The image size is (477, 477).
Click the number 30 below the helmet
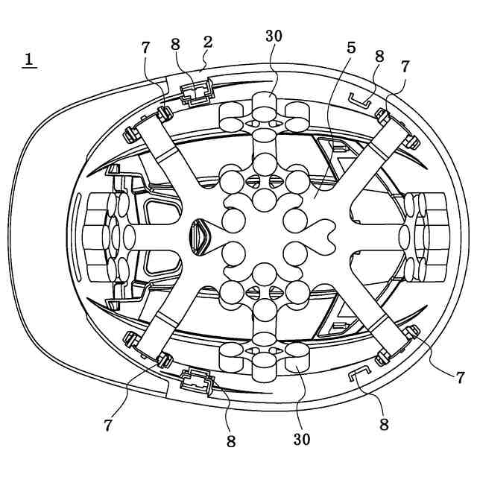[300, 439]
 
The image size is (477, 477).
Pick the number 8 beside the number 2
[176, 44]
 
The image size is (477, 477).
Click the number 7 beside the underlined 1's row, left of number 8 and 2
[145, 48]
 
